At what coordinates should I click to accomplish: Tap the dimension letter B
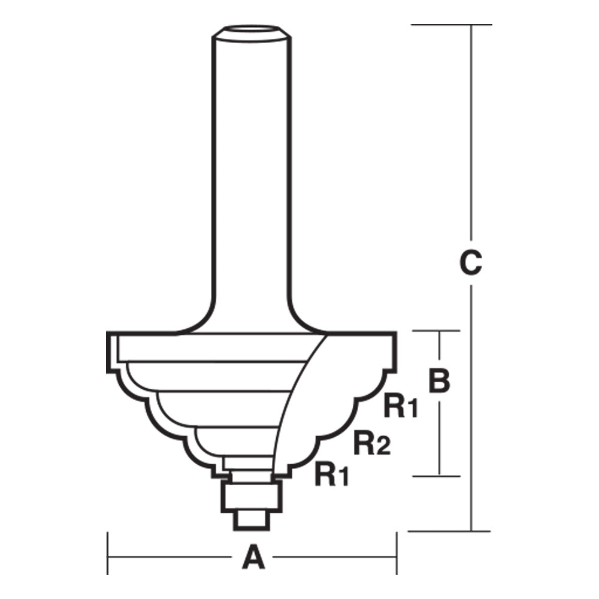click(x=440, y=380)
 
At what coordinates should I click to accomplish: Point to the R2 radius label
click(x=372, y=444)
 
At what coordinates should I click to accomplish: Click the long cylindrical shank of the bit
click(x=252, y=180)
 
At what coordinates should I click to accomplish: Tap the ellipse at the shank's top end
click(x=252, y=31)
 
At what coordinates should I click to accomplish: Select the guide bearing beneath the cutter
click(x=251, y=494)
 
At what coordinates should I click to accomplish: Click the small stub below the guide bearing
click(x=251, y=519)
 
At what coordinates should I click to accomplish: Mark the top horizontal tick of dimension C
click(x=450, y=25)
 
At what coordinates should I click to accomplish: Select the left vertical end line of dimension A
click(x=108, y=553)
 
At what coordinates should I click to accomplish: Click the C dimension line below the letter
click(x=471, y=407)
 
